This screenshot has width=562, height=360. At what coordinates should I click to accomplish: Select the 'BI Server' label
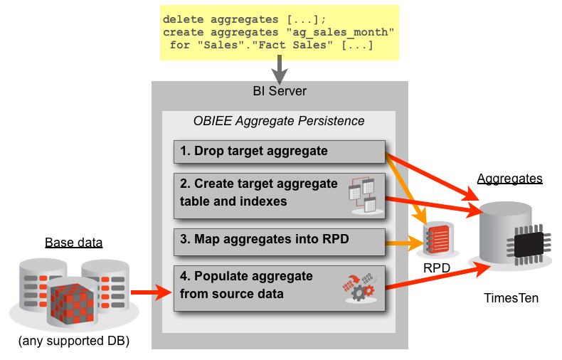pos(280,91)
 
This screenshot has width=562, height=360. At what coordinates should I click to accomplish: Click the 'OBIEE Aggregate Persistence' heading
pos(279,121)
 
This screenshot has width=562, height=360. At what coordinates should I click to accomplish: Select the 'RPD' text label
pos(437,269)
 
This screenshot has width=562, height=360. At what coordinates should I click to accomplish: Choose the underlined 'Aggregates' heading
pos(509,179)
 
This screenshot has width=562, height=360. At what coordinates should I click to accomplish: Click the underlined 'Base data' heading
pos(74,243)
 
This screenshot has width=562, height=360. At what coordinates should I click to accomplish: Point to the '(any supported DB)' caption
pos(74,342)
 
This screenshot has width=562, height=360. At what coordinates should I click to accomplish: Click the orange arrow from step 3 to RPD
pos(402,244)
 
